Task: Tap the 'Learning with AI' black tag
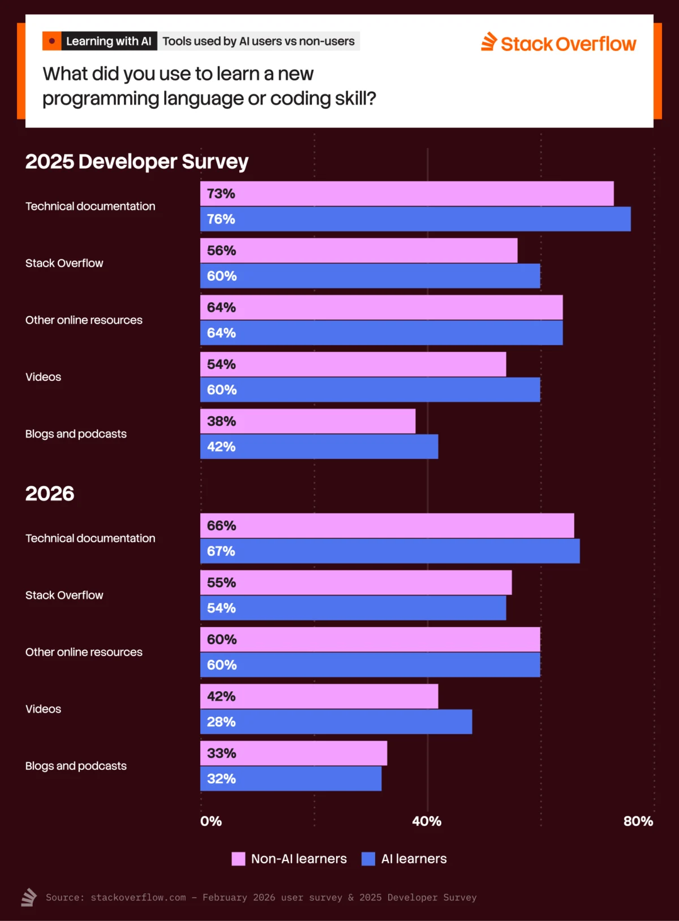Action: click(x=109, y=41)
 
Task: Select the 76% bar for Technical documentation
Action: click(x=415, y=219)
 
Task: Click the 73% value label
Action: click(x=221, y=194)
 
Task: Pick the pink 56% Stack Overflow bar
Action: click(x=359, y=250)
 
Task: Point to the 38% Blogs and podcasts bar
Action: click(x=308, y=421)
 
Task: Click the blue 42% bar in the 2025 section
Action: click(x=319, y=447)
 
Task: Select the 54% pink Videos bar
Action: click(x=353, y=364)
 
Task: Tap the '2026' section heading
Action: click(x=50, y=494)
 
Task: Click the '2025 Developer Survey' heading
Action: click(x=137, y=161)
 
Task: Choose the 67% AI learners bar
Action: click(x=390, y=551)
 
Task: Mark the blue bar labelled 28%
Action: click(x=336, y=722)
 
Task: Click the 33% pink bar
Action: click(x=294, y=753)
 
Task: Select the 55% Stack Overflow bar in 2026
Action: click(x=356, y=582)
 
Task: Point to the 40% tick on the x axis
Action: click(x=427, y=821)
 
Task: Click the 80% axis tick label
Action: click(x=638, y=821)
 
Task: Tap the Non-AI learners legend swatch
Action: click(x=238, y=859)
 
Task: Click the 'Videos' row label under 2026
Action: click(x=43, y=709)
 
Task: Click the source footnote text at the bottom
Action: click(x=261, y=897)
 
